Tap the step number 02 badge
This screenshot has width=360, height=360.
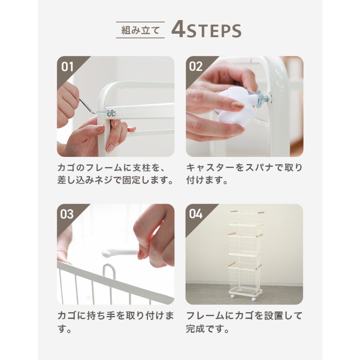[196, 66]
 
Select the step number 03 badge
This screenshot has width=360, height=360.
[67, 214]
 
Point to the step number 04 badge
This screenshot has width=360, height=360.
[196, 214]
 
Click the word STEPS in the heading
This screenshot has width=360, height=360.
[214, 30]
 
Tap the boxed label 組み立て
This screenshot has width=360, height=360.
[140, 30]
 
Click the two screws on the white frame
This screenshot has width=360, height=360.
[111, 112]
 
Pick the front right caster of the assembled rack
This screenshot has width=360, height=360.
[254, 299]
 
